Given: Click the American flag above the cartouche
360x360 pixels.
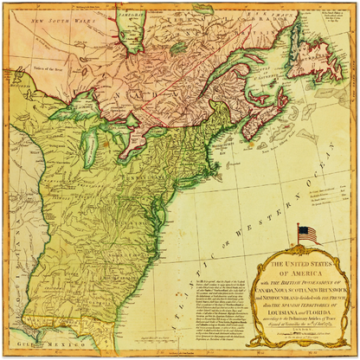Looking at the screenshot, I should coord(307,234).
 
